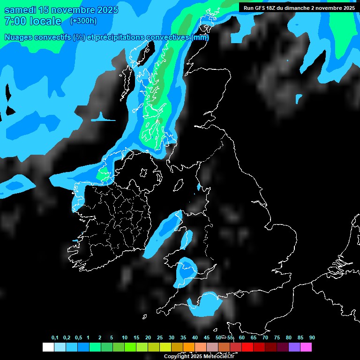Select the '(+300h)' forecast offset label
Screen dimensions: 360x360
click(x=84, y=21)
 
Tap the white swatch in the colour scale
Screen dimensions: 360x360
click(x=48, y=347)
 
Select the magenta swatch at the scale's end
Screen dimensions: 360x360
click(x=306, y=347)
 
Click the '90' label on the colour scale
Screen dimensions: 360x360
click(x=312, y=337)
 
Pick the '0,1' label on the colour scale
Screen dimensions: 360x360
click(x=55, y=337)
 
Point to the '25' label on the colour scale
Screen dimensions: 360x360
click(x=160, y=337)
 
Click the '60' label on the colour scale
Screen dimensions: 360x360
click(x=242, y=337)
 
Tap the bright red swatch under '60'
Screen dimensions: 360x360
click(x=247, y=347)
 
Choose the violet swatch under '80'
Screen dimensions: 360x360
click(x=294, y=347)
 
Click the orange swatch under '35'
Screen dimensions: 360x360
click(x=189, y=347)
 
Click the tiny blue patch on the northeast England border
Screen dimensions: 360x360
click(x=199, y=187)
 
